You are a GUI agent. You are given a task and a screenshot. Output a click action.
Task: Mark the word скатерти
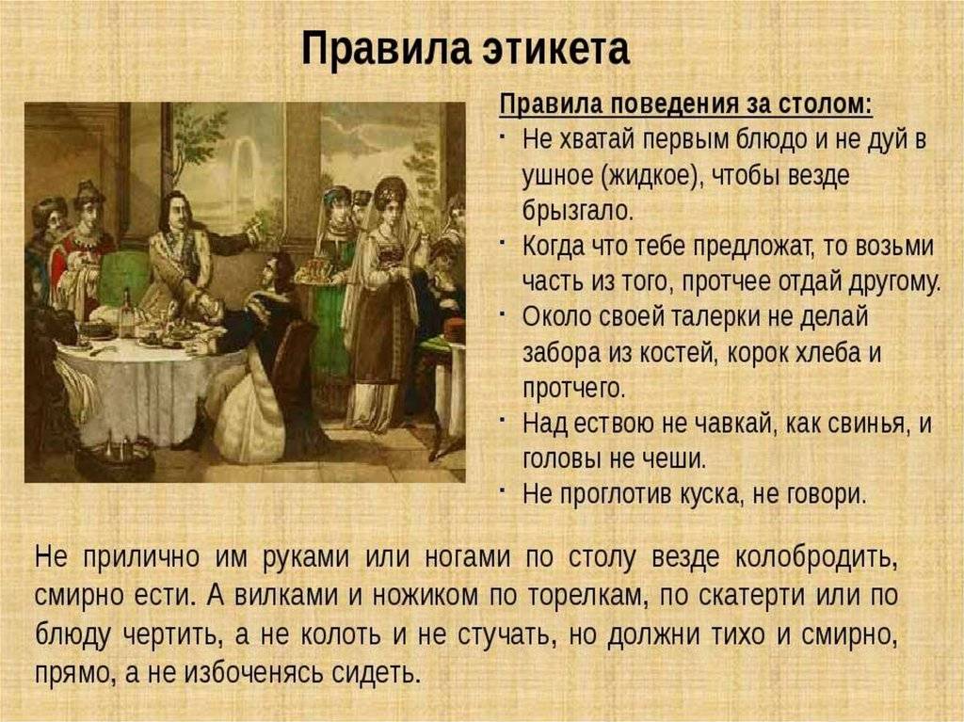coord(751,597)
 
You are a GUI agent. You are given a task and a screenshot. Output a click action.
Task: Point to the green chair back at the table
coord(123,278)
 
